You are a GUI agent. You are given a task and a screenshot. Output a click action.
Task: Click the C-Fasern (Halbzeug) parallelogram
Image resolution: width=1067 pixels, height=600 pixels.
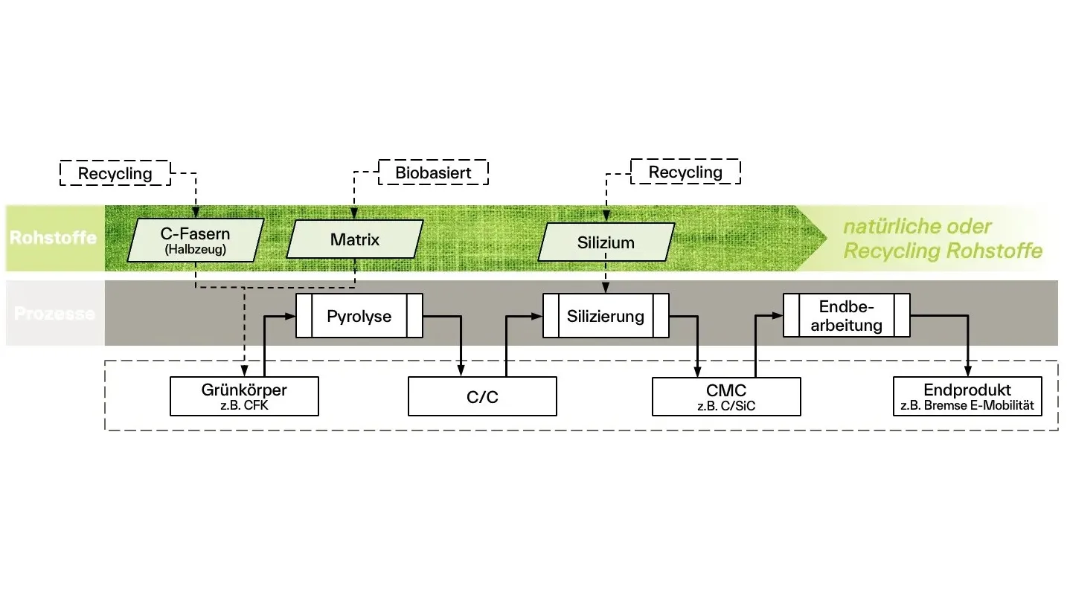coord(195,240)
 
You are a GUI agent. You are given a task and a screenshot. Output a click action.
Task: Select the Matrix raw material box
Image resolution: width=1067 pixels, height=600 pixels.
coord(355,239)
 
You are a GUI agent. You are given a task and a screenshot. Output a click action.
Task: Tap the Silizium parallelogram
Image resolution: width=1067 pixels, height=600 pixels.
coord(606,242)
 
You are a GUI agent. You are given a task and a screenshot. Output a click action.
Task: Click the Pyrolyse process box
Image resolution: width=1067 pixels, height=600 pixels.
coord(359,316)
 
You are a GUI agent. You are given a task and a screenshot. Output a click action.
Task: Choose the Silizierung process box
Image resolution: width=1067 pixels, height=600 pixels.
coord(606,316)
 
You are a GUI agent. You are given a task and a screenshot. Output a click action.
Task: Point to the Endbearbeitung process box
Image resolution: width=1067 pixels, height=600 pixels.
coord(847,315)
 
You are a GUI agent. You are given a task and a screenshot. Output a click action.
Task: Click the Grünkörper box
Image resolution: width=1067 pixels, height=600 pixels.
coord(244,396)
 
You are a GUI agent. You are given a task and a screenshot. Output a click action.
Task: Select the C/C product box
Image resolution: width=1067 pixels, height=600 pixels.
coord(483,396)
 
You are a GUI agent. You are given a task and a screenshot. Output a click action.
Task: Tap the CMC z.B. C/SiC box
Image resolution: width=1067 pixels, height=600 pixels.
coord(726,397)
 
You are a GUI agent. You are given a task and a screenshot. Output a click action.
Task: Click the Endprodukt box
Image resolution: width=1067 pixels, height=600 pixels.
coord(967,396)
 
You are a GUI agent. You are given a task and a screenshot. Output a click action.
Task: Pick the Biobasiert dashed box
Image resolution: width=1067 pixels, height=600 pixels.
coord(434,172)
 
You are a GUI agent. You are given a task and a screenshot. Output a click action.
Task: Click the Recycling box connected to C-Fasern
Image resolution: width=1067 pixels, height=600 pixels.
coord(115,173)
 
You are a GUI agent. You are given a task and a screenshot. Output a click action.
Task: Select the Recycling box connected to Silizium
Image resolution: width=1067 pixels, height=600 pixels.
coord(685,172)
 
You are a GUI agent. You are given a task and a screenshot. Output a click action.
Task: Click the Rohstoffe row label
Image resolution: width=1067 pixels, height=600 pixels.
coord(54,237)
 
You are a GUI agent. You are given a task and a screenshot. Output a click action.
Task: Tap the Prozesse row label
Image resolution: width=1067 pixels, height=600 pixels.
coord(54,314)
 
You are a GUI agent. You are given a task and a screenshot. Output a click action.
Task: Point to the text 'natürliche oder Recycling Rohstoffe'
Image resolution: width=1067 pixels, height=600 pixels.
coord(943,239)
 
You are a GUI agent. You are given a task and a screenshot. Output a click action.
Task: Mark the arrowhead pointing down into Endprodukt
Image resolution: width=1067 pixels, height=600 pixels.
coord(967,371)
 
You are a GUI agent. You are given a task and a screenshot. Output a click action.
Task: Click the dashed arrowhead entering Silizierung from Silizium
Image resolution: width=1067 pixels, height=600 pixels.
coord(606,288)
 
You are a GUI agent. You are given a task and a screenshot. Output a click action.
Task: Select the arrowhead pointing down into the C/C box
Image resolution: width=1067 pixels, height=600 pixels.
coord(461,371)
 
